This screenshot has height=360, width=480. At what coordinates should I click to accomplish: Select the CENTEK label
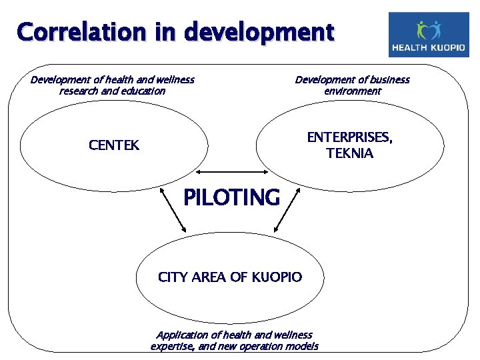coord(114,145)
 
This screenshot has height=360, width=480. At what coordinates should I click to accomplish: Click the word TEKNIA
coord(349,153)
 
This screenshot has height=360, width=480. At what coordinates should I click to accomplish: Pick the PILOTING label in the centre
coord(231,197)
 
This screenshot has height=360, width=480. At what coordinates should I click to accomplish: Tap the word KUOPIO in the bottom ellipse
coord(276,277)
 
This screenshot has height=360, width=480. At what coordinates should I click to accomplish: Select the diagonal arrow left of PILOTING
coord(175,211)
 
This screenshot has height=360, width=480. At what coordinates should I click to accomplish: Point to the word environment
coord(353,91)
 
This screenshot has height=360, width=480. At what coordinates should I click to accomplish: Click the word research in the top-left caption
coord(79,91)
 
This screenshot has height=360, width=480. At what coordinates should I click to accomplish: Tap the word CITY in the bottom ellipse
coord(173,277)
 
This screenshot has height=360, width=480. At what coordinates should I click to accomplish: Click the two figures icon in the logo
coord(429,29)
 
